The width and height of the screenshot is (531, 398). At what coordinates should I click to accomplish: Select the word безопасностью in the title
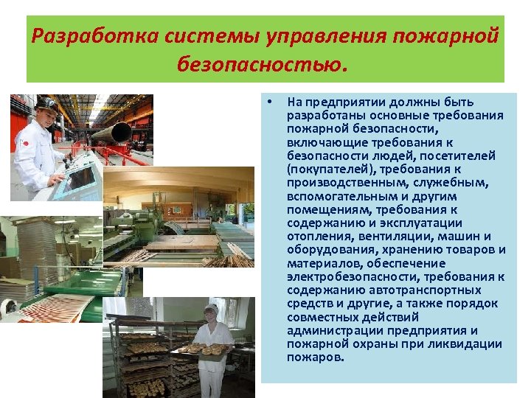pos(260,66)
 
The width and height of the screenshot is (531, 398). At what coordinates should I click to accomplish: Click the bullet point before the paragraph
pos(271,102)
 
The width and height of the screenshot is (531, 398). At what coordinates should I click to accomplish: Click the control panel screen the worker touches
pos(79,178)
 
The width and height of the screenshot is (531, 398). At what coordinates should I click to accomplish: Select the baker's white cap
pos(212,308)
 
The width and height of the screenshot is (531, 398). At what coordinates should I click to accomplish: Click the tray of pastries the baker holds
pos(202,349)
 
